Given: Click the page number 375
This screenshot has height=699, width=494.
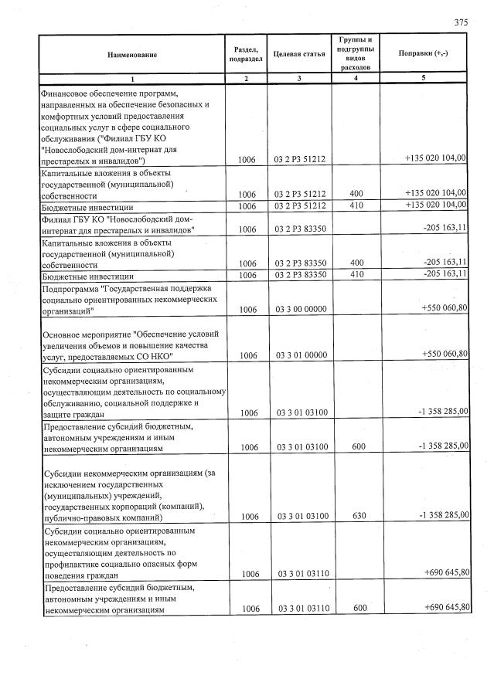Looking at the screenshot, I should (x=461, y=22).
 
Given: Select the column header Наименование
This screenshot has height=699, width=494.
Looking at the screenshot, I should (x=132, y=54).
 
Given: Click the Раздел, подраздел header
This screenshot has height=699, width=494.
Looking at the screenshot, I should (x=246, y=53).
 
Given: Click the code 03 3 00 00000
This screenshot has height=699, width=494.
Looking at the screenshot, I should (x=301, y=310).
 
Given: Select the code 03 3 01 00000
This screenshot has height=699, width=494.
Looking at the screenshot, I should (x=301, y=355).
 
